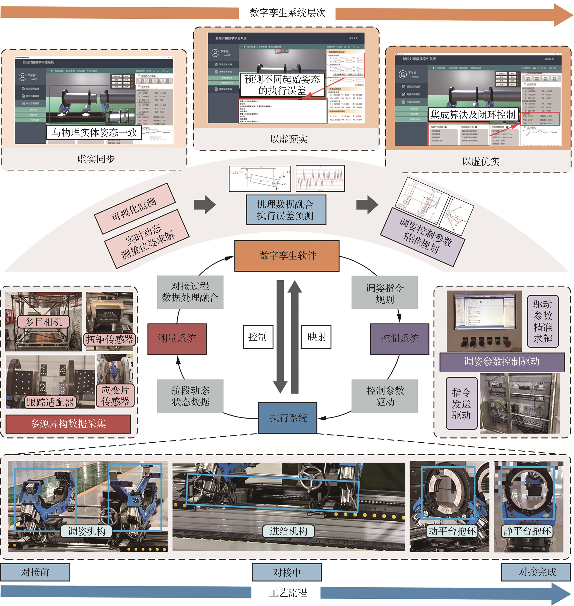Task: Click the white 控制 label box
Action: pyautogui.click(x=258, y=337)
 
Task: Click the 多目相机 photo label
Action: pyautogui.click(x=43, y=322)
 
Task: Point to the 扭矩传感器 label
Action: pyautogui.click(x=109, y=339)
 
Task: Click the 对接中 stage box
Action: pyautogui.click(x=287, y=572)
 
